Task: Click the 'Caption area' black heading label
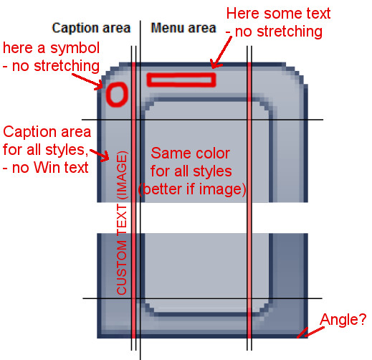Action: (x=91, y=28)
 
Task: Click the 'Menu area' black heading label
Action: (x=183, y=28)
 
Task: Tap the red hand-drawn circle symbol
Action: (x=117, y=95)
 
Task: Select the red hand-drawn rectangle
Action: (x=181, y=80)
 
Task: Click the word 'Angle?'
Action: (x=343, y=319)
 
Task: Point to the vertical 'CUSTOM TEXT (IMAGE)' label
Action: (x=122, y=223)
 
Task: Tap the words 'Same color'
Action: (x=191, y=153)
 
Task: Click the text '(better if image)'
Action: (x=192, y=189)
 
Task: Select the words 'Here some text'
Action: (x=278, y=13)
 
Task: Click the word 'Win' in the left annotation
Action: (x=45, y=168)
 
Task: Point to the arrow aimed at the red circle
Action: (x=87, y=82)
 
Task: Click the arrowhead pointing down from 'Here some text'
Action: (x=216, y=64)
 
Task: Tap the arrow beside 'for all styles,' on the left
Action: (x=100, y=155)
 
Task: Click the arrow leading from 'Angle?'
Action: (x=314, y=332)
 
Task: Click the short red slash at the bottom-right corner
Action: (x=302, y=333)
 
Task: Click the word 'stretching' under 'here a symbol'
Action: (x=67, y=66)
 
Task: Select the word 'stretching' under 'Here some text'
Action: (x=290, y=32)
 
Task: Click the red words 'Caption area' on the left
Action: (x=47, y=132)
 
